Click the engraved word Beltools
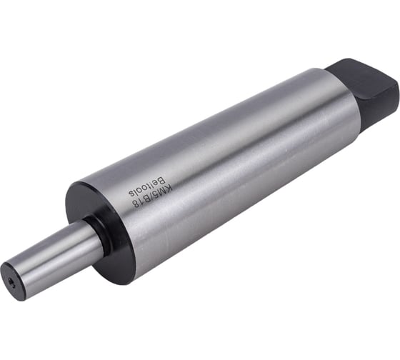point(146,188)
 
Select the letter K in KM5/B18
point(169,189)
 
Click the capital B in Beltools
point(161,181)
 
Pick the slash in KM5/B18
point(151,199)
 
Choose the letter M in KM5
point(162,192)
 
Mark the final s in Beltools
point(131,194)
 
